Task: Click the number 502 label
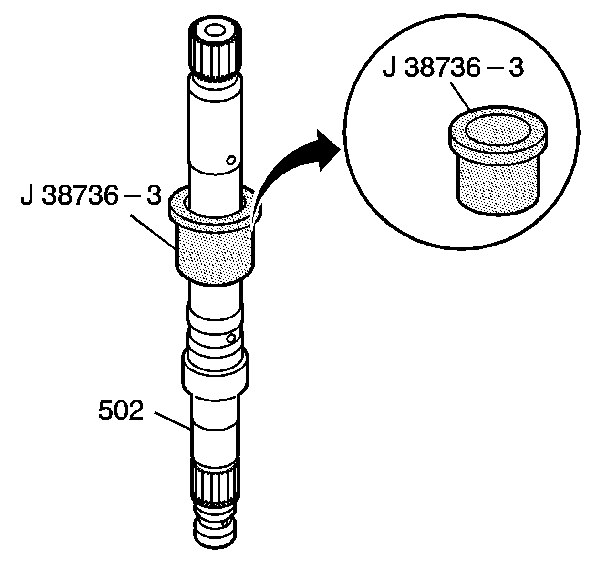[121, 411]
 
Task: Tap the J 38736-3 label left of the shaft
[91, 196]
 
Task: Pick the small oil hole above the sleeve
[231, 160]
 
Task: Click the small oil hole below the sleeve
[231, 338]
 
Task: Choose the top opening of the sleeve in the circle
[498, 131]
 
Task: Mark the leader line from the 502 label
[173, 421]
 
